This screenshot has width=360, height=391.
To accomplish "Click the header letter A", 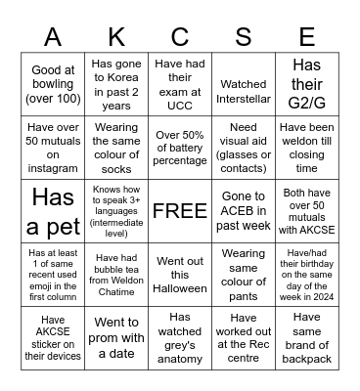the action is coord(53,38).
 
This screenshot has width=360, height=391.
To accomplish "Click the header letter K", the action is coord(116,38).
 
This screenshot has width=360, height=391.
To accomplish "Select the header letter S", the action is coord(244,38).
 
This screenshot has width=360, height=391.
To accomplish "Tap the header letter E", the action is coord(305,38).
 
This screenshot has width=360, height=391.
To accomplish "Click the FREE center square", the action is coord(180,210).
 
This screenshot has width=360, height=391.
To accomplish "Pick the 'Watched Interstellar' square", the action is coord(244,91).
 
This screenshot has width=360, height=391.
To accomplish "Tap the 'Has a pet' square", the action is coord(53,210).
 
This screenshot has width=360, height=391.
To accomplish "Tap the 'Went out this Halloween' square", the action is coord(180,275).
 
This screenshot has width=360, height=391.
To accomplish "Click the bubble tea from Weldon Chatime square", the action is coord(116,275).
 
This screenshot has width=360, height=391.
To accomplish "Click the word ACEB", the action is coord(244,211).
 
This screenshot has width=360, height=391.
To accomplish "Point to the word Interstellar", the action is coord(244,98).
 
